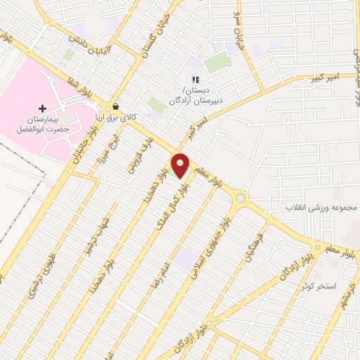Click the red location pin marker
(x=181, y=166)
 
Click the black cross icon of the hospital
(x=44, y=108)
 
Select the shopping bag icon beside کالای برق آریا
(x=115, y=107)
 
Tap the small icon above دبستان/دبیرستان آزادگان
(x=196, y=80)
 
